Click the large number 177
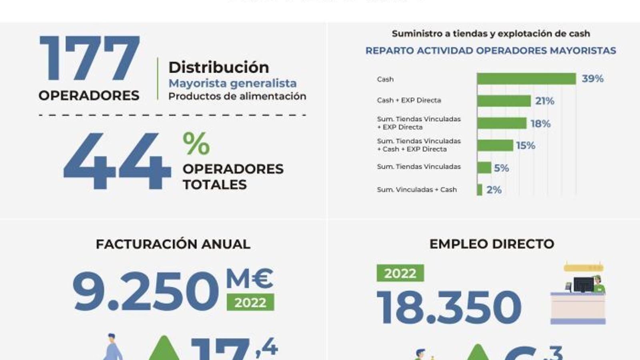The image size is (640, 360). click(90, 58)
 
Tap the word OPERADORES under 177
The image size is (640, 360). click(89, 96)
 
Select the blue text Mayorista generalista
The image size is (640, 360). click(232, 83)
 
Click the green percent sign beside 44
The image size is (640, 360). click(196, 143)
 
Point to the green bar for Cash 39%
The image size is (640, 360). click(526, 79)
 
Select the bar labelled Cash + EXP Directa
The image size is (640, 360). click(504, 101)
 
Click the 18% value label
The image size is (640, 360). click(540, 124)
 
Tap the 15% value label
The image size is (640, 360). click(525, 146)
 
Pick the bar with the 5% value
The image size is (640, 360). click(484, 168)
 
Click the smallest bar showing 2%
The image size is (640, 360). click(479, 190)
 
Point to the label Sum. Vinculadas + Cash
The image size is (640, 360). click(416, 190)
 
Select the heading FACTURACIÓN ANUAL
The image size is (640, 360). click(173, 244)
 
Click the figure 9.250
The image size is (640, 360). click(145, 291)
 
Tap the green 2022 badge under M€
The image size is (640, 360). click(250, 302)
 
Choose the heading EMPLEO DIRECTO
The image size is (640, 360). click(492, 244)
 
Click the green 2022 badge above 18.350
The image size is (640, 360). click(400, 273)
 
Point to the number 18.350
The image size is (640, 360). click(449, 307)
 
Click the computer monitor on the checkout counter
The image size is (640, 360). click(583, 285)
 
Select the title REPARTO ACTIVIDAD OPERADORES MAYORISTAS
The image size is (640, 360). click(490, 51)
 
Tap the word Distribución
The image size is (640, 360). click(218, 67)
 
